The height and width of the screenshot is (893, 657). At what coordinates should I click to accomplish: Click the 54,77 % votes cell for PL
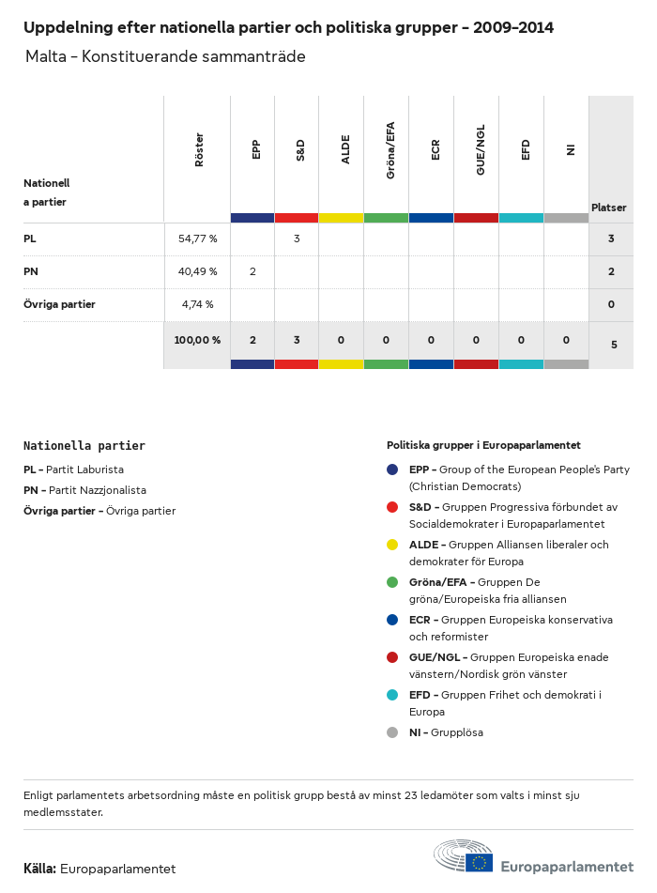(x=197, y=239)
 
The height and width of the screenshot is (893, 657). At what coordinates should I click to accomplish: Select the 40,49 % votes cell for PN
(x=197, y=271)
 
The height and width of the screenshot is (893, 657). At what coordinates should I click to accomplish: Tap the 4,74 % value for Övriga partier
(x=197, y=304)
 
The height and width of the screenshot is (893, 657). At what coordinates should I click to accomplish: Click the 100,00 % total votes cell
(x=197, y=340)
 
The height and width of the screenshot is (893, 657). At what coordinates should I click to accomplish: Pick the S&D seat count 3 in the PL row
(x=297, y=239)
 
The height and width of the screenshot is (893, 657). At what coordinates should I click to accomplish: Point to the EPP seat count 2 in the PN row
(x=252, y=271)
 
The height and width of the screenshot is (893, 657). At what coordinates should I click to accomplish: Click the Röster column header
(x=199, y=150)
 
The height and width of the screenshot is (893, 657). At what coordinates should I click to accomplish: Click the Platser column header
(x=609, y=208)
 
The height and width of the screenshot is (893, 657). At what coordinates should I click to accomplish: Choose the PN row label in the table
(x=30, y=271)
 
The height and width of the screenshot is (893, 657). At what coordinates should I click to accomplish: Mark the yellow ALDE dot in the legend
(x=392, y=545)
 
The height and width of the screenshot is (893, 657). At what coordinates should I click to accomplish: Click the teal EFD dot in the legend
(x=392, y=695)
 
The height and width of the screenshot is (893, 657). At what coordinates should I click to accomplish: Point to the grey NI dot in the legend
(x=392, y=732)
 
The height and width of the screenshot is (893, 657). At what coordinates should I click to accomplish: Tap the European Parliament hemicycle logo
(x=463, y=856)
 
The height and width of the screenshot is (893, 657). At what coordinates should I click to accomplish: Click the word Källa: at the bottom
(x=40, y=869)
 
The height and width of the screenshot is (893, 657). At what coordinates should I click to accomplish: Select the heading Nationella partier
(x=84, y=446)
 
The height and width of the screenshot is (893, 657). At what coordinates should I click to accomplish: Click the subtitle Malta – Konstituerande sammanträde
(x=165, y=57)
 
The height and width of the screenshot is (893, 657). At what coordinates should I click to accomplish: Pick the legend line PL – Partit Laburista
(x=73, y=470)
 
